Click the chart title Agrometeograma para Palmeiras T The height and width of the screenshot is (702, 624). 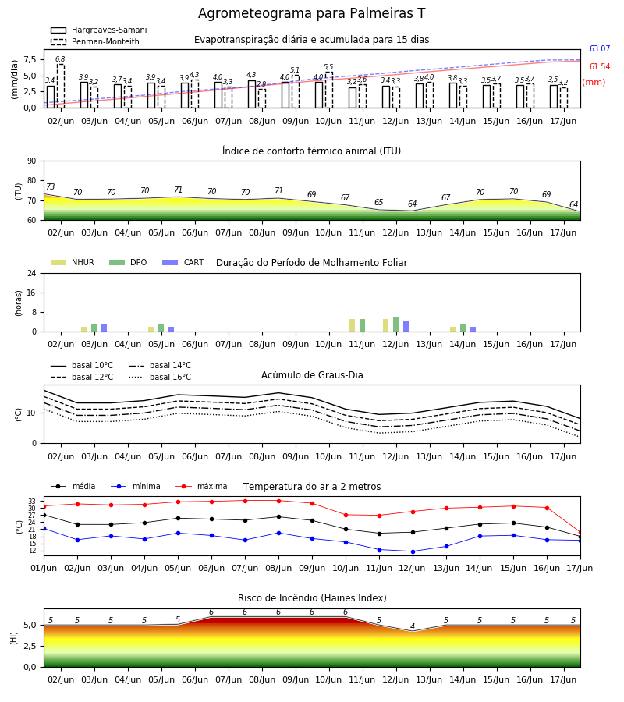point(311,13)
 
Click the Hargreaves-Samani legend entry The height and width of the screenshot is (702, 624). point(98,30)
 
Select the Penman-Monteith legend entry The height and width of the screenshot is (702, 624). point(95,41)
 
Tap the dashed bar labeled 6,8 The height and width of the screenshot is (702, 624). point(60,86)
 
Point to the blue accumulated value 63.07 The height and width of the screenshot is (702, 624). point(600,49)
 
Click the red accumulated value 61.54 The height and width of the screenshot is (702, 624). point(600,67)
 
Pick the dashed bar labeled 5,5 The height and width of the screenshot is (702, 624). point(329,90)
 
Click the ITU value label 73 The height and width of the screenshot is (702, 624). point(51,186)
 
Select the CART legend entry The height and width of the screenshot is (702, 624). point(183,262)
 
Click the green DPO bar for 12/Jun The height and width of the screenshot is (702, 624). point(395,324)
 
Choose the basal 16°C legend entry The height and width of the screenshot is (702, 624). point(159,377)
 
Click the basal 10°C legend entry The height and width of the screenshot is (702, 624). point(82,365)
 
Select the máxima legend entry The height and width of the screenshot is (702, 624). point(201,486)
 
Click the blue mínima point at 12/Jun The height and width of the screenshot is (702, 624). point(413,551)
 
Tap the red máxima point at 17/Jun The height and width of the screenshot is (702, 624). point(580,532)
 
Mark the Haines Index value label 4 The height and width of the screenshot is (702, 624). point(413,626)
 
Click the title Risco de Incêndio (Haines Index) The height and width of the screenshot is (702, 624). point(312,598)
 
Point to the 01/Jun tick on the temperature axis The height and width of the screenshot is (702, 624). point(44,568)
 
